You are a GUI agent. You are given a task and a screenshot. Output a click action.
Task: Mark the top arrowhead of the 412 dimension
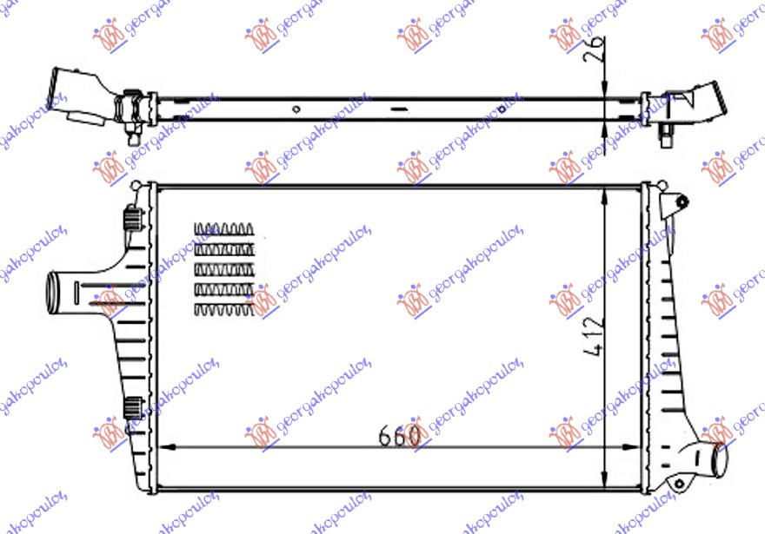(x=603, y=193)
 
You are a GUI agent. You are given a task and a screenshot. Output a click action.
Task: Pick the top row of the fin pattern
(x=224, y=229)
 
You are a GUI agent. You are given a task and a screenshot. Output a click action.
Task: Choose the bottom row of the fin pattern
(x=224, y=308)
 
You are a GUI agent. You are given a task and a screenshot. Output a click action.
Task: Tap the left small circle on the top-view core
(x=296, y=109)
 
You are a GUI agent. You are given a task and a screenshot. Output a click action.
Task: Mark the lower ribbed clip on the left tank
(x=132, y=405)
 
